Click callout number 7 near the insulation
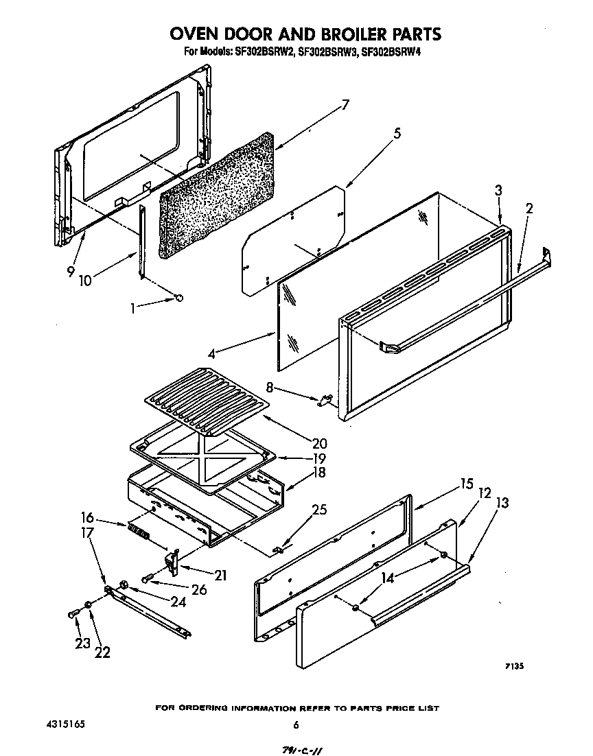345,105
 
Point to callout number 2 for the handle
528,209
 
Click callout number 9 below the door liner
71,271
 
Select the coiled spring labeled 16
137,532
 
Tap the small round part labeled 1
180,297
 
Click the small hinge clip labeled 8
325,399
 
